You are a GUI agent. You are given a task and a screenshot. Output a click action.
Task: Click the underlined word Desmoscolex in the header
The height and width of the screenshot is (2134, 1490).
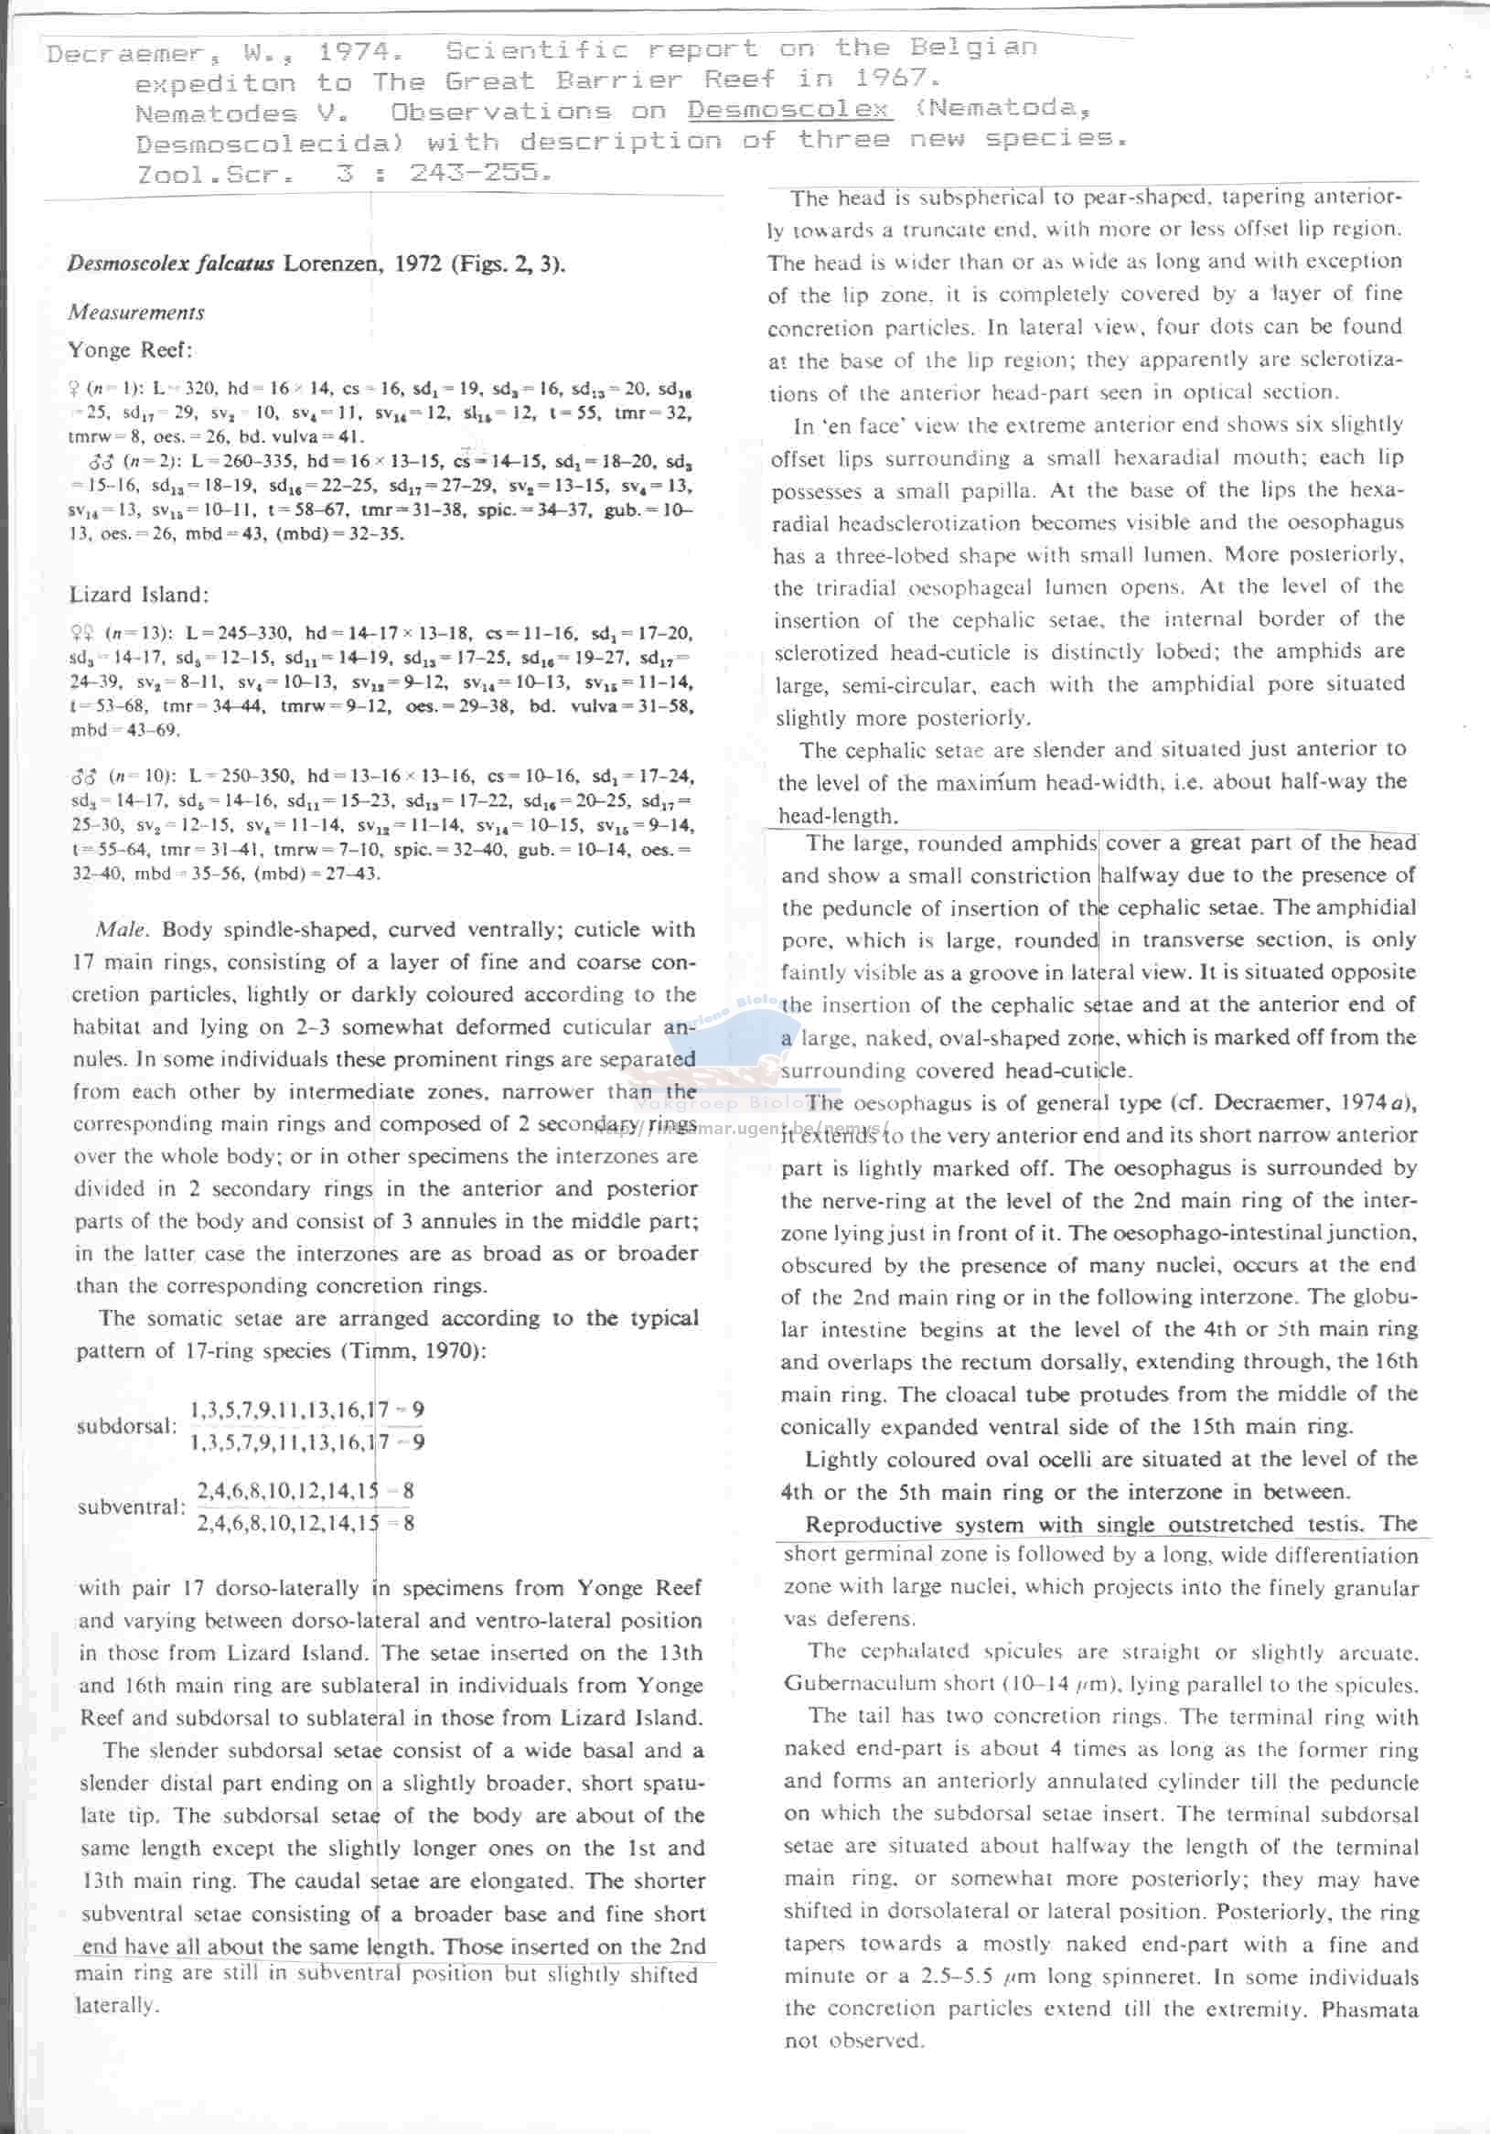[789, 110]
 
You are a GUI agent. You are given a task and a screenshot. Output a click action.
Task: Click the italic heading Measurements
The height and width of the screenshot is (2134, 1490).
[135, 312]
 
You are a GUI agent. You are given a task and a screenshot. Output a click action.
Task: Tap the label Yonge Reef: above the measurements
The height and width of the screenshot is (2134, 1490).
[130, 350]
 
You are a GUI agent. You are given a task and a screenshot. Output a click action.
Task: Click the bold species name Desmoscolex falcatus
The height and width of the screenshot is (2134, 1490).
[170, 263]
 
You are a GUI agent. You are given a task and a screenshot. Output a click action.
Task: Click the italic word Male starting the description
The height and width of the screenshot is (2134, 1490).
[120, 929]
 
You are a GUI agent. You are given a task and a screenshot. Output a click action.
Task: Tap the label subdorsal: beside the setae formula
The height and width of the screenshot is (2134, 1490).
[126, 1426]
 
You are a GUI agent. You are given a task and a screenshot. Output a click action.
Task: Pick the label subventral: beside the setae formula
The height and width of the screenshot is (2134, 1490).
[132, 1507]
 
